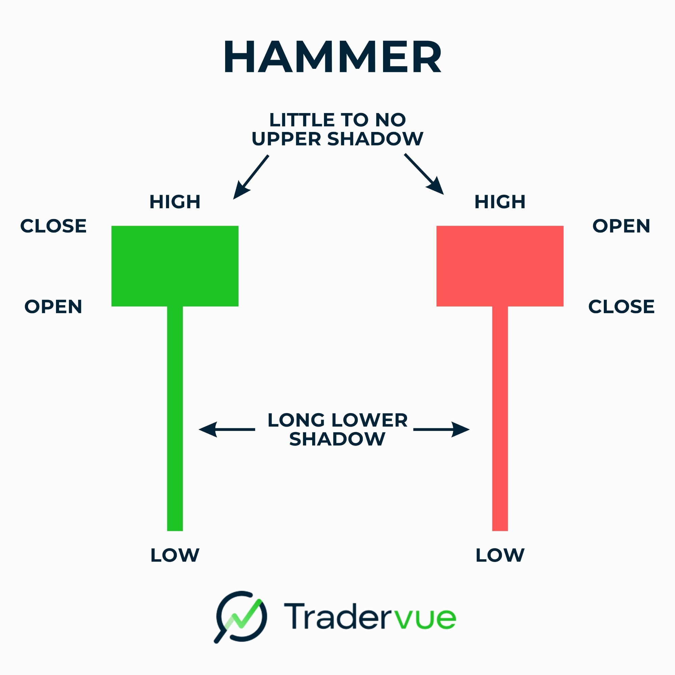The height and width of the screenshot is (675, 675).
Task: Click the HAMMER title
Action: click(333, 57)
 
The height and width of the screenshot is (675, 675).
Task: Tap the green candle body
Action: click(175, 266)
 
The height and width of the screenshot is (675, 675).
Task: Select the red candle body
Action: click(500, 266)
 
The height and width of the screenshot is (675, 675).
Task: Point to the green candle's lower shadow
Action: click(175, 418)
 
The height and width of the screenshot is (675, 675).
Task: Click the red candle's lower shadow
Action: click(500, 418)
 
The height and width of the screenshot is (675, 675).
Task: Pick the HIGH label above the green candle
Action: click(175, 202)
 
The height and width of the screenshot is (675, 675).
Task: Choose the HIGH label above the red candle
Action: click(500, 202)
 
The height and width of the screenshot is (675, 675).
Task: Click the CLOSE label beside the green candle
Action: click(53, 226)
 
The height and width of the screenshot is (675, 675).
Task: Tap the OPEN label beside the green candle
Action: click(53, 307)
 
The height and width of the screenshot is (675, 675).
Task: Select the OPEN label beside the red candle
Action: click(621, 226)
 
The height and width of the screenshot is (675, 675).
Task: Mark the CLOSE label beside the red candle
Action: click(621, 307)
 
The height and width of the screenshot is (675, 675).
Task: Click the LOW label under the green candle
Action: click(175, 555)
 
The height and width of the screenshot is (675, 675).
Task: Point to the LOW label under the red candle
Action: click(500, 555)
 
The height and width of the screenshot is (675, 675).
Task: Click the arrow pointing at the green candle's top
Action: click(251, 177)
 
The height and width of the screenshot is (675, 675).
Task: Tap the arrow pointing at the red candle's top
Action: click(424, 174)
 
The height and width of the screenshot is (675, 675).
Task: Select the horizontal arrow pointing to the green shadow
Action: click(227, 429)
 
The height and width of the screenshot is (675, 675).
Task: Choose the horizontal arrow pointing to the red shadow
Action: click(441, 429)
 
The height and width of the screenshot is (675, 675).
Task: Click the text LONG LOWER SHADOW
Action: click(337, 429)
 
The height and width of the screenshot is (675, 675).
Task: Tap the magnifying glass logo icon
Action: click(240, 617)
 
